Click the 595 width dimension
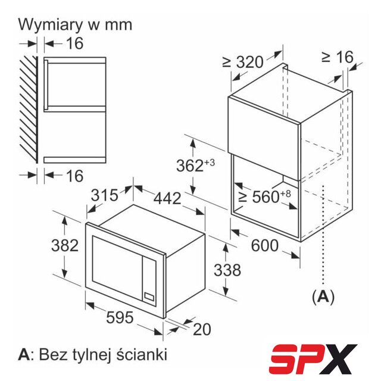click(x=120, y=317)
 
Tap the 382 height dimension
click(x=65, y=245)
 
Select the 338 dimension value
click(x=227, y=270)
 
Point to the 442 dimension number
click(x=167, y=198)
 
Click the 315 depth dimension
click(x=105, y=195)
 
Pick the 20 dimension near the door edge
click(x=202, y=329)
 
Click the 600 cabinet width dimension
click(x=264, y=245)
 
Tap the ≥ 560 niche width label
click(x=264, y=196)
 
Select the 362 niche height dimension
click(x=196, y=165)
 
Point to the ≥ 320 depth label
click(x=243, y=62)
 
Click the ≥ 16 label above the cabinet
click(x=338, y=57)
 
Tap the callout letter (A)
click(x=323, y=296)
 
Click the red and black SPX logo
click(x=313, y=359)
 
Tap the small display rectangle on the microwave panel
click(x=149, y=296)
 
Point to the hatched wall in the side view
click(x=29, y=110)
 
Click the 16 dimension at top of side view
click(x=74, y=43)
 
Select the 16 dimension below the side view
click(x=74, y=176)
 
